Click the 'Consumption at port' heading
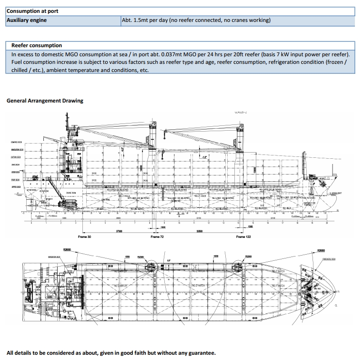coord(32,10)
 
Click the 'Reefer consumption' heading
coord(37,45)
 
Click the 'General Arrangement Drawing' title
coord(45,101)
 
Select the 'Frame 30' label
coord(84,237)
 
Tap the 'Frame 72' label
coord(157,237)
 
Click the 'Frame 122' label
coord(244,237)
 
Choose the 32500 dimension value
coord(200,231)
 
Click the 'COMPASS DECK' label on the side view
coord(17,143)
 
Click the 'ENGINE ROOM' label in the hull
coord(71,193)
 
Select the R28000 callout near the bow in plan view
coord(321,250)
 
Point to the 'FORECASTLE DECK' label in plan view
coord(330,259)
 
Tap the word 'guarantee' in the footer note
coord(202,353)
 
